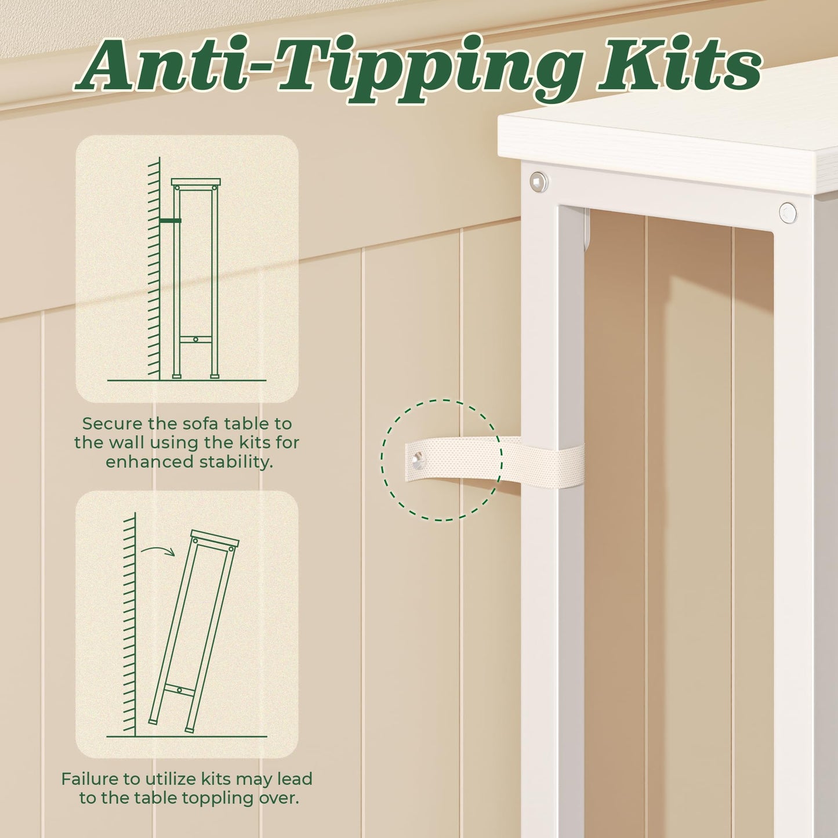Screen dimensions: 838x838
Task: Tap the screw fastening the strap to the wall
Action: point(418,458)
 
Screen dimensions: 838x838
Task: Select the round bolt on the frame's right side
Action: point(788,213)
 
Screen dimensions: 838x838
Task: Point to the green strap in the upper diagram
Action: point(170,220)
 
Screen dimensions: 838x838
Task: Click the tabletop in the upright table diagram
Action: point(195,182)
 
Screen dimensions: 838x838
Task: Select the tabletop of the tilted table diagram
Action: point(215,538)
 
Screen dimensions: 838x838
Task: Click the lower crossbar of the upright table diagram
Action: point(195,339)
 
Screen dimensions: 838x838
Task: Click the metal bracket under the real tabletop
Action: point(587,229)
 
